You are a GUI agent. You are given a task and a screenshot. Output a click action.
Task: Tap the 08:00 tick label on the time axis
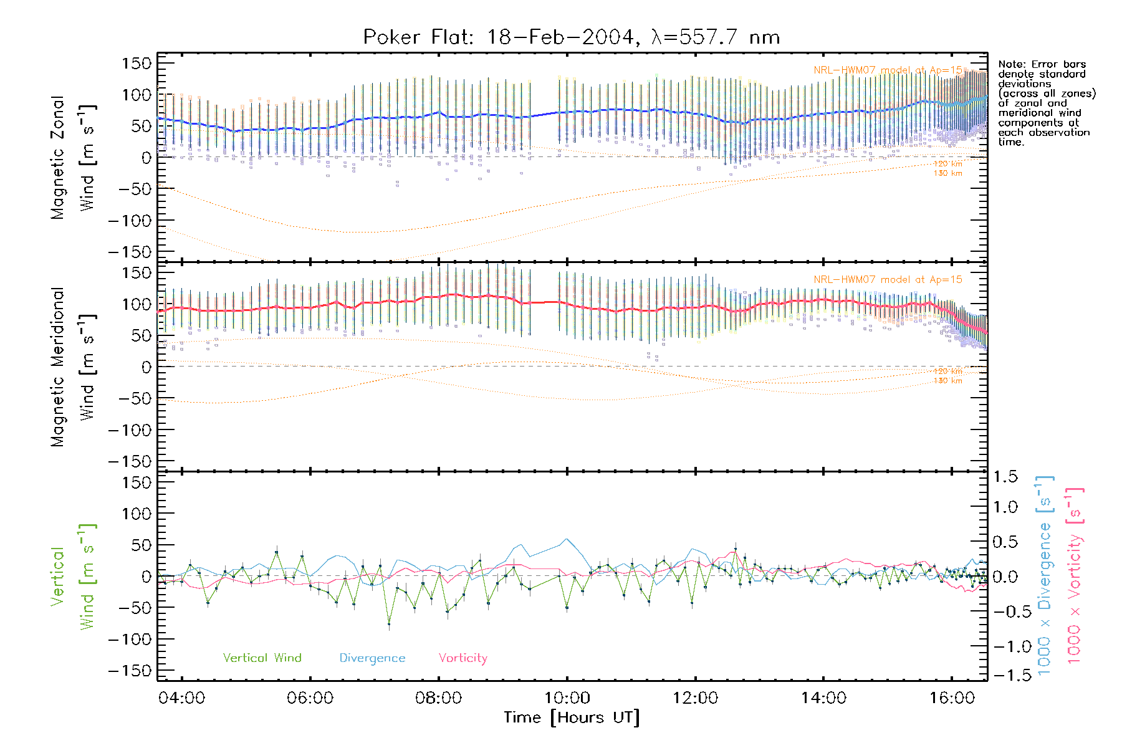pyautogui.click(x=438, y=698)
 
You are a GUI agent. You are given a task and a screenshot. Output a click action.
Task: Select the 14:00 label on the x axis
pyautogui.click(x=823, y=698)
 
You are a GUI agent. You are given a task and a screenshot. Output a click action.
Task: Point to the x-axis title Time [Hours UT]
pyautogui.click(x=571, y=717)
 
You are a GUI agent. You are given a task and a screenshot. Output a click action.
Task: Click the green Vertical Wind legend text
pyautogui.click(x=262, y=658)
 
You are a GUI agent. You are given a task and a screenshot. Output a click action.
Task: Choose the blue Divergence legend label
pyautogui.click(x=372, y=658)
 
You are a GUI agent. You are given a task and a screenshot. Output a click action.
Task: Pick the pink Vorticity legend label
pyautogui.click(x=463, y=658)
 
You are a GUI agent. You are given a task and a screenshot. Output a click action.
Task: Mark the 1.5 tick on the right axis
pyautogui.click(x=1005, y=477)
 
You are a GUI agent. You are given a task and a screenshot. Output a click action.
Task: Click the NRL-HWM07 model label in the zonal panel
pyautogui.click(x=888, y=70)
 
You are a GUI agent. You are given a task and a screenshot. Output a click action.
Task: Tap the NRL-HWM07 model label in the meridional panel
pyautogui.click(x=888, y=280)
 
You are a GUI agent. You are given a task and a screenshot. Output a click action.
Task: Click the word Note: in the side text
pyautogui.click(x=1012, y=64)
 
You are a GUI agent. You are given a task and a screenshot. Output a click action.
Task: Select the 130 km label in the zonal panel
pyautogui.click(x=947, y=173)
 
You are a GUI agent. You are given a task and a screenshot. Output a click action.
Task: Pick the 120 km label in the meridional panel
pyautogui.click(x=947, y=372)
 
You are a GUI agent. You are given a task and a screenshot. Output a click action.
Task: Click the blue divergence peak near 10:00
pyautogui.click(x=567, y=539)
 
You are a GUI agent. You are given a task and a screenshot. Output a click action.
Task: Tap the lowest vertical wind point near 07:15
pyautogui.click(x=389, y=623)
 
